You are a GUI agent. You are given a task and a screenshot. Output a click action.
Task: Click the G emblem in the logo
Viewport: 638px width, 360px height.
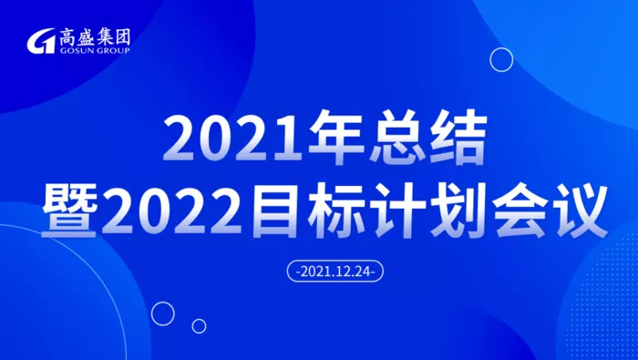click(x=41, y=41)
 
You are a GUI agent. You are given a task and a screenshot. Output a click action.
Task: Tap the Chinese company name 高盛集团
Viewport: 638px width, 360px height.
click(x=95, y=37)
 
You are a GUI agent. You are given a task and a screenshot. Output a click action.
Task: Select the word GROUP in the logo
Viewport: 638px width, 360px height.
click(x=114, y=50)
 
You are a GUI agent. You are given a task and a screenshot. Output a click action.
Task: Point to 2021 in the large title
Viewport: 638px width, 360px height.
click(x=232, y=139)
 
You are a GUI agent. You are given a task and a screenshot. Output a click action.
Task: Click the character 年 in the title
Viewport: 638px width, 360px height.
click(x=335, y=139)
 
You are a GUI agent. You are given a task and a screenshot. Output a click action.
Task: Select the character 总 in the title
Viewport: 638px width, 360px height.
click(x=397, y=139)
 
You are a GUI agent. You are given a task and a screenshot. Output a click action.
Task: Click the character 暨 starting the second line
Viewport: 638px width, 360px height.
click(x=68, y=211)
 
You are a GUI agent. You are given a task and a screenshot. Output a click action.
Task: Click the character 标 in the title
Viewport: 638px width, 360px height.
click(x=334, y=211)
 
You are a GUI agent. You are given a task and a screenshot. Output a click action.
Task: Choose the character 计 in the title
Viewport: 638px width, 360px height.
click(x=396, y=211)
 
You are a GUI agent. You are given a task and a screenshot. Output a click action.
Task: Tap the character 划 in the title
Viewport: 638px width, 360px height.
click(x=457, y=211)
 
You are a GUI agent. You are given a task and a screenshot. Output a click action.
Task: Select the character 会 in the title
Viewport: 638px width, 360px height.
click(x=519, y=211)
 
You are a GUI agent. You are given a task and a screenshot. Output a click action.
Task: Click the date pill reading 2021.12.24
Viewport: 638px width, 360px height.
click(x=335, y=271)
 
